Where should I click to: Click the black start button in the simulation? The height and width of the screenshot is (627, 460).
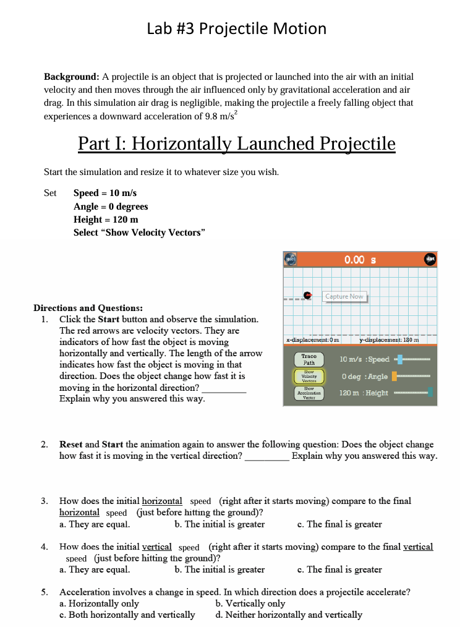point(430,259)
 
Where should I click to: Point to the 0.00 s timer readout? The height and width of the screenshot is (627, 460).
point(360,260)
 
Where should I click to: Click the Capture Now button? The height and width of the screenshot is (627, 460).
point(345,297)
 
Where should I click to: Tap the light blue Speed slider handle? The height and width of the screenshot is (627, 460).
point(399,359)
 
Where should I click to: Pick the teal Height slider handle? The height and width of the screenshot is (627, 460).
point(430,392)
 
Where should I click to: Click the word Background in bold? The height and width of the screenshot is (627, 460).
point(71,77)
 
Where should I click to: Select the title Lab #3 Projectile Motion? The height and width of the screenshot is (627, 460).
point(237,28)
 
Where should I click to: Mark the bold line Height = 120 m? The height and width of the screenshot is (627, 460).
point(106,220)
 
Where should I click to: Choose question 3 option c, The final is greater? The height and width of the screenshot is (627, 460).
point(339,524)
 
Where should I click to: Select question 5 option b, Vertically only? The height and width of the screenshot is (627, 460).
point(250,604)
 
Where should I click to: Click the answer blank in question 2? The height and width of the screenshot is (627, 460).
point(266,456)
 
